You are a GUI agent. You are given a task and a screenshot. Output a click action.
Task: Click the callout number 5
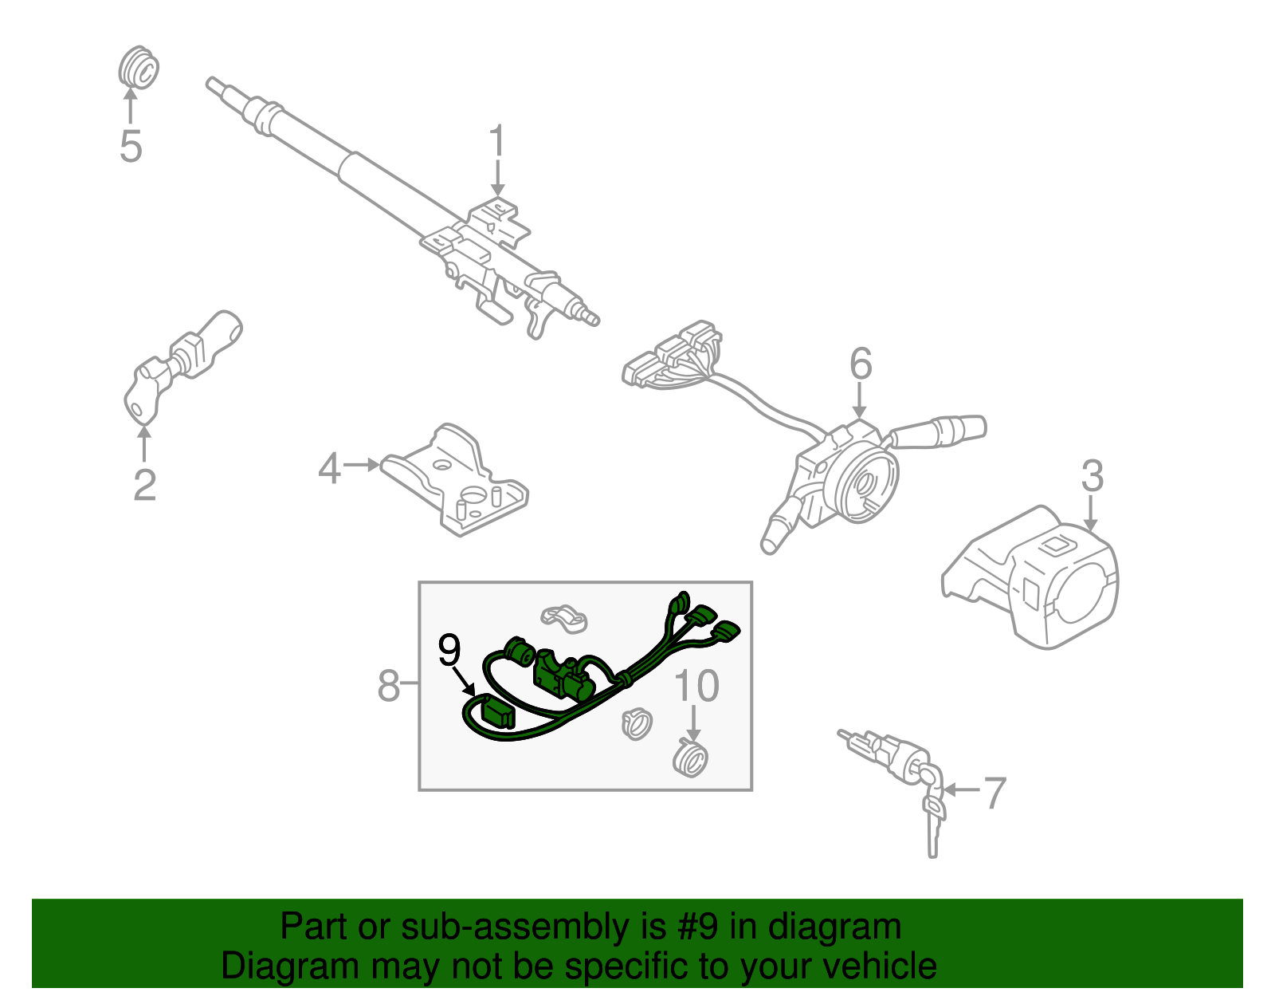pyautogui.click(x=131, y=147)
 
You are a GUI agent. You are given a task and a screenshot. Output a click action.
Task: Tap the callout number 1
pyautogui.click(x=497, y=141)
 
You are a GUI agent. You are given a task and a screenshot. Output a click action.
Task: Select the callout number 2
pyautogui.click(x=144, y=485)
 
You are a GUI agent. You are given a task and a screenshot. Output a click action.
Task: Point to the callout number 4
pyautogui.click(x=329, y=468)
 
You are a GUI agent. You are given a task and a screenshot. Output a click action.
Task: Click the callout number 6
pyautogui.click(x=861, y=364)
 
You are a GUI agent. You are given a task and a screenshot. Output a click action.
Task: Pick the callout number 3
pyautogui.click(x=1092, y=476)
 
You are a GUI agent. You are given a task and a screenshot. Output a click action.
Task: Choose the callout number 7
pyautogui.click(x=994, y=793)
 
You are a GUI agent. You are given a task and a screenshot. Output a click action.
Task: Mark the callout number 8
pyautogui.click(x=388, y=685)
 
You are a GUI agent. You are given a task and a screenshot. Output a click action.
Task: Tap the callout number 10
pyautogui.click(x=696, y=686)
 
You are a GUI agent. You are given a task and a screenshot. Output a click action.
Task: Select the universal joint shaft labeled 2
pyautogui.click(x=183, y=363)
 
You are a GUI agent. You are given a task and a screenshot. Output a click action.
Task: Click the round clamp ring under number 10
pyautogui.click(x=691, y=758)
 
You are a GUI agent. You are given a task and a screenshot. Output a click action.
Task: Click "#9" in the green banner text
pyautogui.click(x=698, y=927)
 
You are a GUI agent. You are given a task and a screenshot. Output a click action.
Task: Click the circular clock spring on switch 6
pyautogui.click(x=862, y=482)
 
